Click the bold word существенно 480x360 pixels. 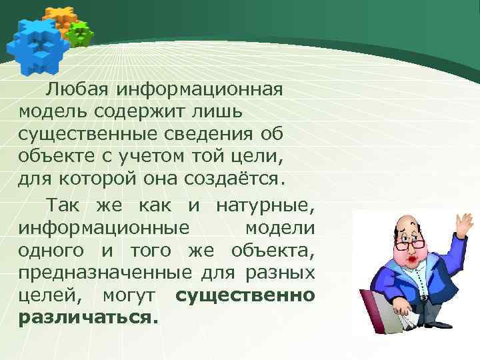coord(245,296)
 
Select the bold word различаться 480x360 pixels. coord(89,319)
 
